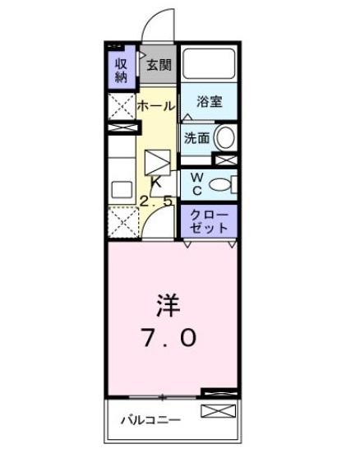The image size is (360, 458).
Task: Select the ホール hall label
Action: (x=154, y=105)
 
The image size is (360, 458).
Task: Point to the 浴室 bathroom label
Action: (x=210, y=102)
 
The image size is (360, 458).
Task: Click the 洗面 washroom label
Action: (x=196, y=138)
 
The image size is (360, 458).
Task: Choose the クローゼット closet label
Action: (x=209, y=220)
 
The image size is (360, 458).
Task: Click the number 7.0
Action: (x=168, y=337)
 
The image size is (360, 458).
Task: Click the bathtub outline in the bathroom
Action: (x=209, y=66)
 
